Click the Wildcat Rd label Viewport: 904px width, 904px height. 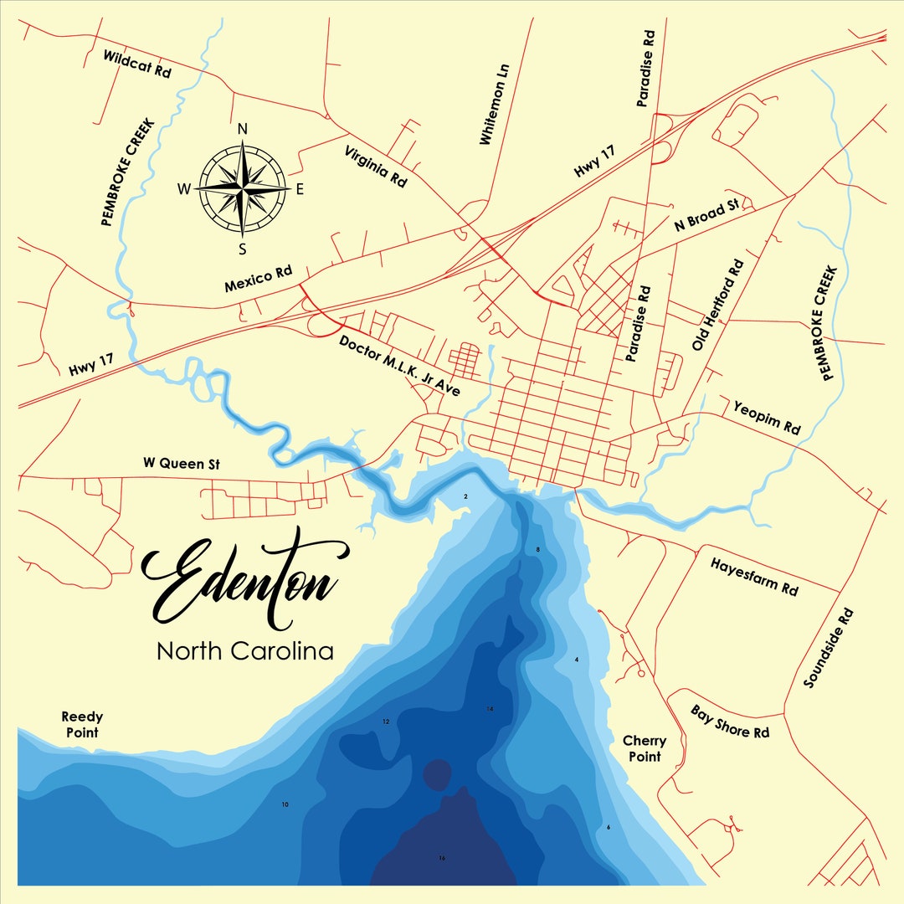[x=136, y=64]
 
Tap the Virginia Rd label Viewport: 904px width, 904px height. [x=376, y=165]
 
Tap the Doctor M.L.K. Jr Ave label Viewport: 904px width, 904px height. [x=399, y=366]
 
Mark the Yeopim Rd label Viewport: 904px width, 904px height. [x=767, y=417]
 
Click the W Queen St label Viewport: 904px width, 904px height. [x=181, y=462]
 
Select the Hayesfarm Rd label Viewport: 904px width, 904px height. [x=754, y=575]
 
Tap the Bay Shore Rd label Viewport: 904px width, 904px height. [x=730, y=722]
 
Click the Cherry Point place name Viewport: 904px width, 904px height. [x=645, y=748]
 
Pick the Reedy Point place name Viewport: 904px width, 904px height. [x=82, y=724]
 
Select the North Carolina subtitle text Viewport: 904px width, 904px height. [x=245, y=650]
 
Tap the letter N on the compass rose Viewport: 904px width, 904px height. [x=243, y=129]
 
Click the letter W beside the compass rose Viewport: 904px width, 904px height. [x=184, y=189]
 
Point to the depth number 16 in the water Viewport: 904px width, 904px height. [x=442, y=858]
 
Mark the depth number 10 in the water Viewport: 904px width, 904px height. [x=285, y=804]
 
